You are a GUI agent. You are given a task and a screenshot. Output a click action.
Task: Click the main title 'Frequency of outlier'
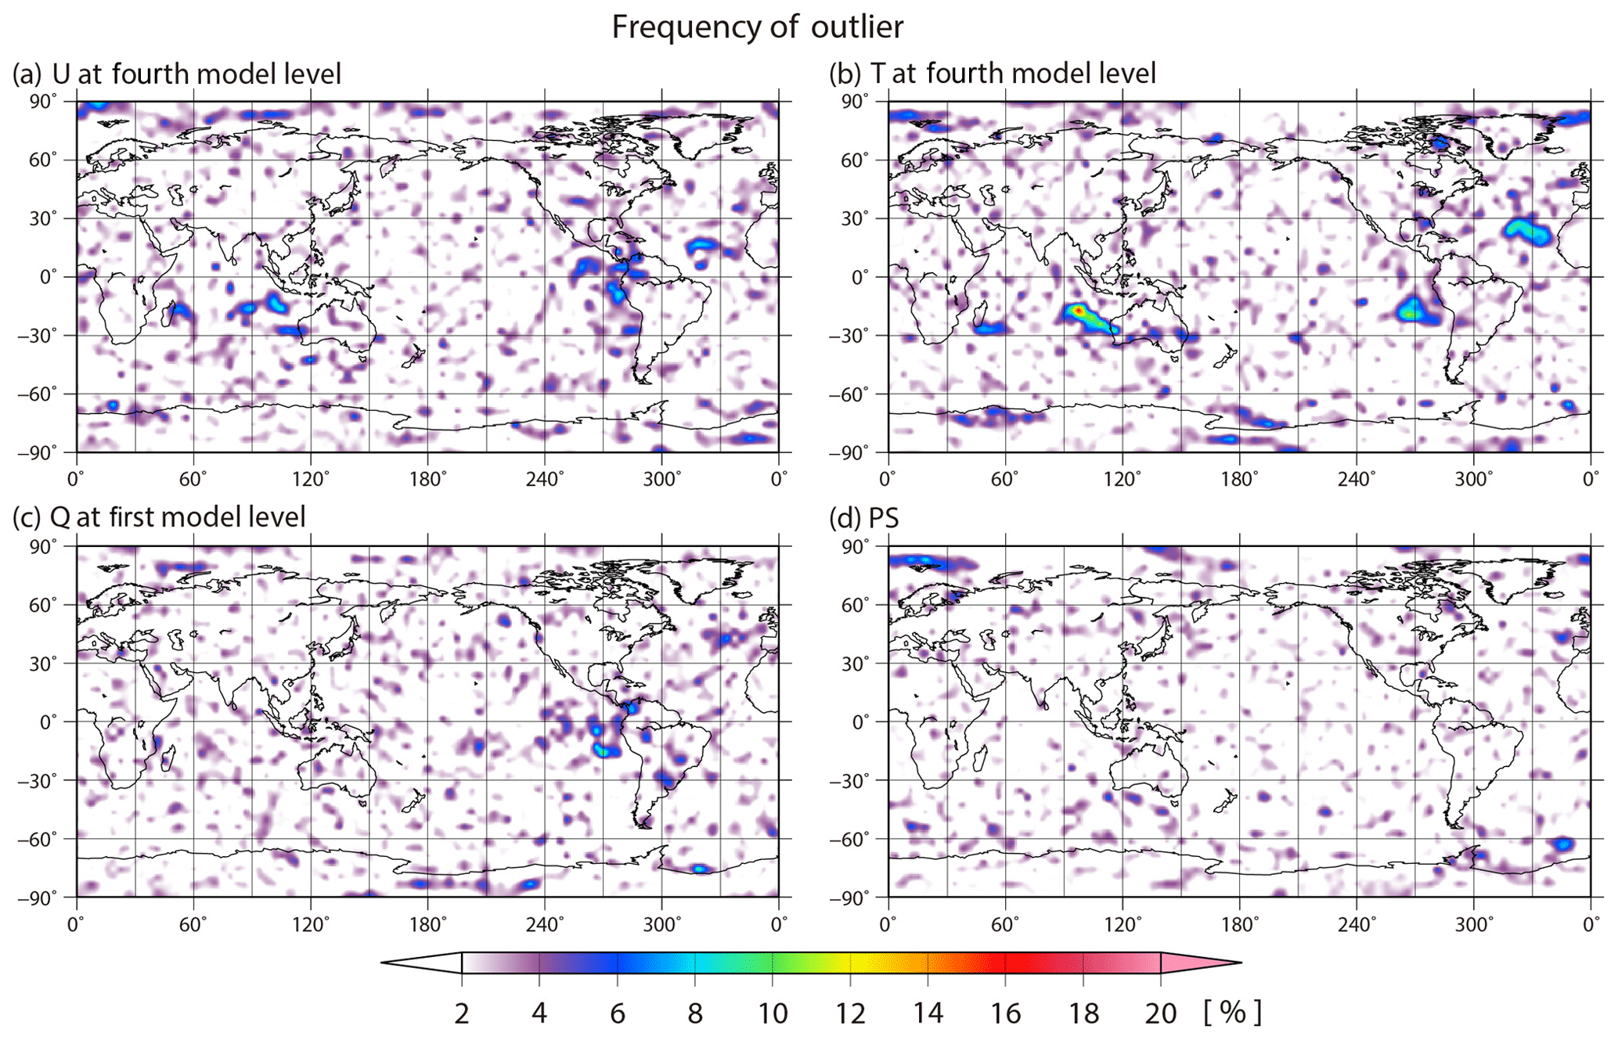tap(757, 27)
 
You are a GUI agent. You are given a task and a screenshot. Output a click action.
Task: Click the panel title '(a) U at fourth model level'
tap(177, 74)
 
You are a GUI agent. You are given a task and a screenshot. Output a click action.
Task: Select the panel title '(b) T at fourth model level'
tap(992, 74)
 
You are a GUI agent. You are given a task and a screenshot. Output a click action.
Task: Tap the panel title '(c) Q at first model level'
tap(159, 517)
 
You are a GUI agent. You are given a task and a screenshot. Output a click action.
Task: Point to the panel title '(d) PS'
tap(864, 518)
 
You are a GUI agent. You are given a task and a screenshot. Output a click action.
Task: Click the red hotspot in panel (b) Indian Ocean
tap(1079, 311)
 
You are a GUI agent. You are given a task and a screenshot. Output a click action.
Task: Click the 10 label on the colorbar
tap(772, 1014)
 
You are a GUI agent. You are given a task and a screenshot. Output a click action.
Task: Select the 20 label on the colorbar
tap(1160, 1014)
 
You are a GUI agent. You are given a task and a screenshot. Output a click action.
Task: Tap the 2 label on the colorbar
tap(462, 1014)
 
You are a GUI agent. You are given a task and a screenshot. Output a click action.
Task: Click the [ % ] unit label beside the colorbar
tap(1232, 1013)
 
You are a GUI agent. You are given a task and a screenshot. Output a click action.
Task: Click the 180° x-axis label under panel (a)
tap(427, 479)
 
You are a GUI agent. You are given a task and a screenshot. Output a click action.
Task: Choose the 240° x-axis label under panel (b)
tap(1357, 479)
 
